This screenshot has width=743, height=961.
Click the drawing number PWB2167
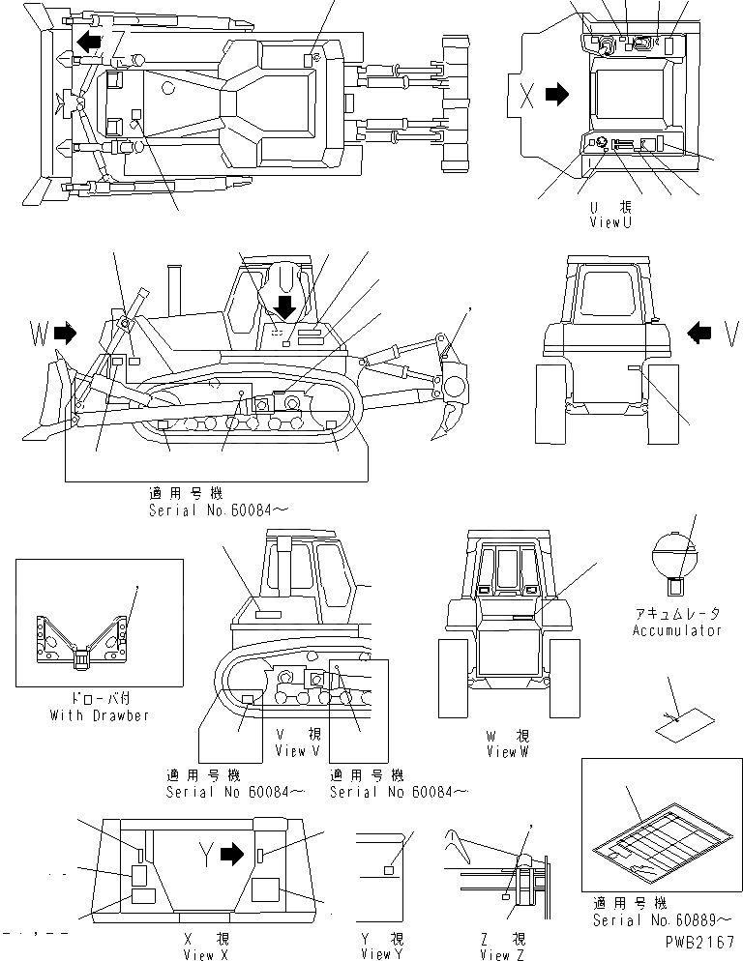click(x=701, y=939)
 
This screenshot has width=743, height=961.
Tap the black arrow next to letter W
click(x=66, y=334)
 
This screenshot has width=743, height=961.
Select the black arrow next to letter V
click(x=698, y=334)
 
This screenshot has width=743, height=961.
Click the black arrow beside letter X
click(x=556, y=95)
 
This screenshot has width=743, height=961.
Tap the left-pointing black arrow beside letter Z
click(x=89, y=42)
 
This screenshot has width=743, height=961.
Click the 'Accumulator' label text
click(x=677, y=630)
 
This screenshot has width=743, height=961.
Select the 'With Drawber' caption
click(x=100, y=715)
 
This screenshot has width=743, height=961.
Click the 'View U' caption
click(x=610, y=222)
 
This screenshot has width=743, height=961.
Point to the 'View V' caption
click(x=290, y=751)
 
